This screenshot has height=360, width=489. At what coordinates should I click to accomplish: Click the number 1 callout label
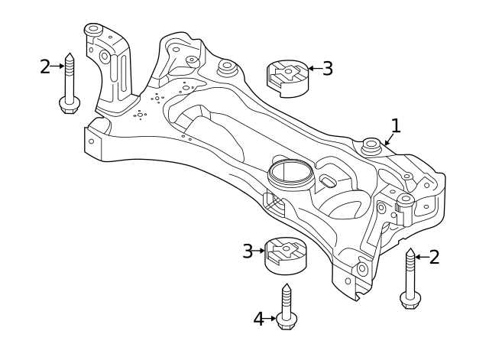click(395, 125)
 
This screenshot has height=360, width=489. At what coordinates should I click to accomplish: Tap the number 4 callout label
click(260, 319)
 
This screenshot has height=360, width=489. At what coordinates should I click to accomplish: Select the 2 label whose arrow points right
click(45, 66)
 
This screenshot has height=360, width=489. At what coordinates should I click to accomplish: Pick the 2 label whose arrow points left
click(434, 257)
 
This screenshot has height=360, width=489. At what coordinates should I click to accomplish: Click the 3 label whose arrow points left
click(327, 69)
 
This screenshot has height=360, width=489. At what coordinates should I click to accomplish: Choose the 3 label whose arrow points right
click(248, 251)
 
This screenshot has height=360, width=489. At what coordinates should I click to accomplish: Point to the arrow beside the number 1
click(387, 139)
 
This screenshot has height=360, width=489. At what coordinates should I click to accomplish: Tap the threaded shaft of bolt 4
click(287, 300)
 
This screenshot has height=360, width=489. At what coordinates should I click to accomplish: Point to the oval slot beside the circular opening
click(329, 181)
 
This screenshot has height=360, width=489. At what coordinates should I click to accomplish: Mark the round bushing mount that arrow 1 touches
click(372, 145)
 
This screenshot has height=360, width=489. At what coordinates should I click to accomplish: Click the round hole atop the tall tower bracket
click(92, 30)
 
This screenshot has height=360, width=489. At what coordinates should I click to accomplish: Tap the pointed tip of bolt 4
click(287, 285)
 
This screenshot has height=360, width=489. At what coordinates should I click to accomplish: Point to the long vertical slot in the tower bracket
click(115, 72)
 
